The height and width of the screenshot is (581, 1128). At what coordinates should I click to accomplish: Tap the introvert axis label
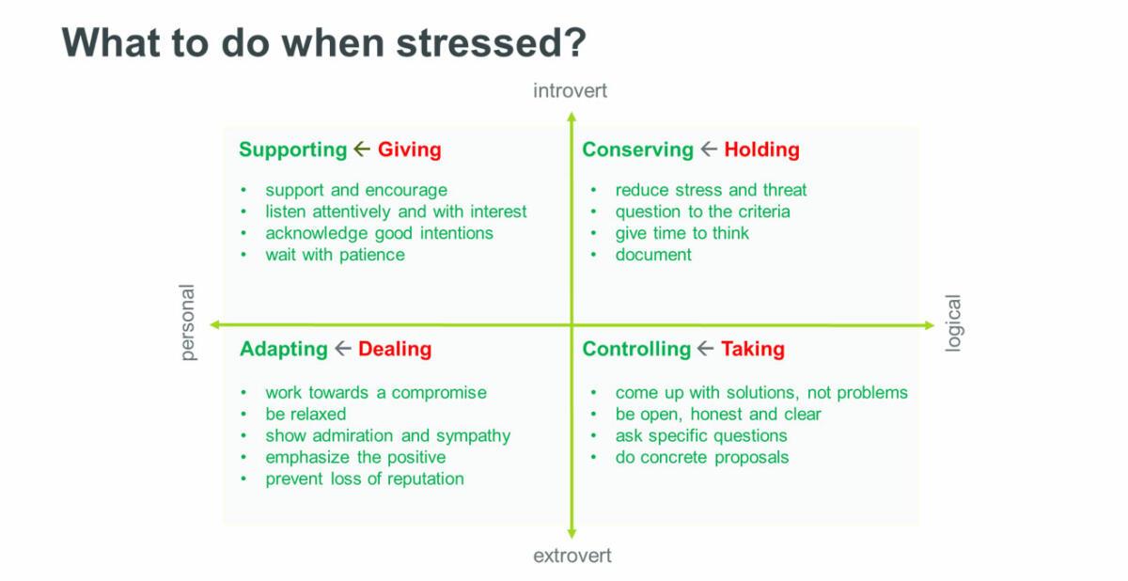pos(570,91)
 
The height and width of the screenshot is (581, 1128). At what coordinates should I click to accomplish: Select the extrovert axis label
pos(572,556)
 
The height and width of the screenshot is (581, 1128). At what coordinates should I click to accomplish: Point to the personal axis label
pos(187,322)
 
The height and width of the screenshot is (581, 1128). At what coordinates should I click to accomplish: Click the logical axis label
pos(953,322)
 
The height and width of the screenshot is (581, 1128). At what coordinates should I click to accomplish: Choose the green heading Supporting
pos(293,150)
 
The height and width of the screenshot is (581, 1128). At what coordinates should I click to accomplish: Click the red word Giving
pos(410,150)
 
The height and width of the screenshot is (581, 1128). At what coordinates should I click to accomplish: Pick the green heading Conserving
pos(638,150)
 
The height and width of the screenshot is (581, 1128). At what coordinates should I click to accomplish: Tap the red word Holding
pos(762,149)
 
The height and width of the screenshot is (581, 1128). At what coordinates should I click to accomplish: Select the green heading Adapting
pos(284,350)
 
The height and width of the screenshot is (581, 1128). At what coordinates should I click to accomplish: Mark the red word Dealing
pos(395,350)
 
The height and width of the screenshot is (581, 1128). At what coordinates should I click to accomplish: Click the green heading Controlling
pos(636,350)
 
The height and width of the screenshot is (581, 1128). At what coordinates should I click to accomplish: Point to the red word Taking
pos(753,350)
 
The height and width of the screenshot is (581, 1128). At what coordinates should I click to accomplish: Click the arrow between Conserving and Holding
pos(709,149)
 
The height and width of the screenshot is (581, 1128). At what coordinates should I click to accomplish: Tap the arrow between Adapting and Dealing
pos(343,349)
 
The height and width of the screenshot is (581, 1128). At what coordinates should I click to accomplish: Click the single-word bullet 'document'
pos(653,255)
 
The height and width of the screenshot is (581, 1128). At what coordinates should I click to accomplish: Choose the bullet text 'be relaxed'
pos(305,415)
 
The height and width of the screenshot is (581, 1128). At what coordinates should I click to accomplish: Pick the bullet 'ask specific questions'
pos(701,436)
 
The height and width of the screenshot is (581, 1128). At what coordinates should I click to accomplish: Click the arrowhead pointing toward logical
pos(930,325)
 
